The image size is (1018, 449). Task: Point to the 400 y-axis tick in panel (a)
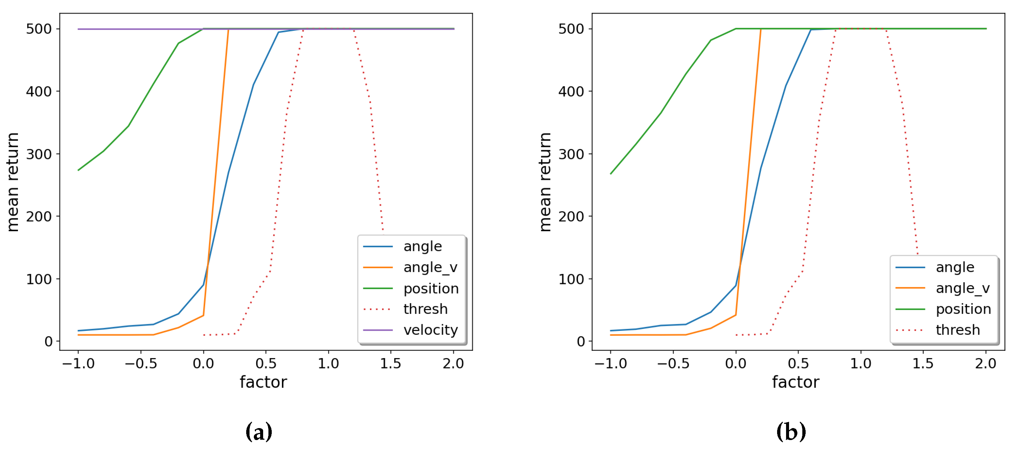pyautogui.click(x=39, y=92)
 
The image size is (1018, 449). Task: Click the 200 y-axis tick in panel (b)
pyautogui.click(x=571, y=217)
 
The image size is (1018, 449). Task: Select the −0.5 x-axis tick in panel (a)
pyautogui.click(x=141, y=364)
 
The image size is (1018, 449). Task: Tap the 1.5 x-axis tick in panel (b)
pyautogui.click(x=923, y=364)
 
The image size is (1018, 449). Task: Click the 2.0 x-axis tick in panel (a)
pyautogui.click(x=453, y=364)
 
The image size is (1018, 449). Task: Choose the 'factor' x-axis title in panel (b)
pyautogui.click(x=795, y=383)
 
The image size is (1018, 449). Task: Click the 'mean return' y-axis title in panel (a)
pyautogui.click(x=13, y=182)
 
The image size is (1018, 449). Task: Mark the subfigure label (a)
pyautogui.click(x=259, y=432)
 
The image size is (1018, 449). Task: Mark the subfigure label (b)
pyautogui.click(x=791, y=432)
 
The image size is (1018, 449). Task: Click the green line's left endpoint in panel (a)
pyautogui.click(x=78, y=170)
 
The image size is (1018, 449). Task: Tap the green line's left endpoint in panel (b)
pyautogui.click(x=611, y=174)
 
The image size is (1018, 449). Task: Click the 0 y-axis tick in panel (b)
pyautogui.click(x=581, y=341)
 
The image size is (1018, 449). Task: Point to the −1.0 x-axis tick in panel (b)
pyautogui.click(x=611, y=364)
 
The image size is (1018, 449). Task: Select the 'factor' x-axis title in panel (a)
pyautogui.click(x=263, y=383)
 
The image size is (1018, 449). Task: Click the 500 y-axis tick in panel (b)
pyautogui.click(x=571, y=29)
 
